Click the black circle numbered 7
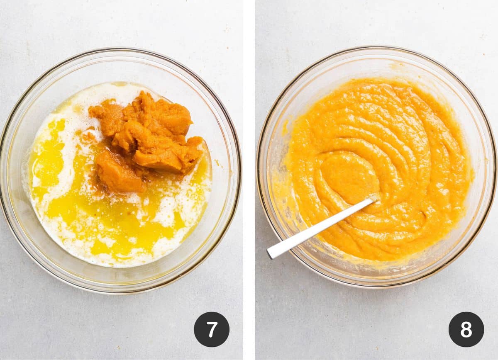click(x=212, y=329)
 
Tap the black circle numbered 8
click(x=466, y=329)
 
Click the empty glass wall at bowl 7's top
click(x=120, y=66)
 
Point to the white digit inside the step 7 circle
click(x=212, y=329)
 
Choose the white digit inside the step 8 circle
click(x=466, y=329)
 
